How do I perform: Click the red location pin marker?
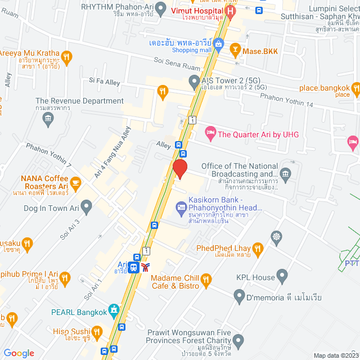pos(179,169)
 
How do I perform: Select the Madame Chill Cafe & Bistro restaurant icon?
pos(206,280)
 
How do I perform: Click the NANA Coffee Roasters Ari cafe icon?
pos(76,182)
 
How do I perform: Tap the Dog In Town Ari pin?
pos(86,208)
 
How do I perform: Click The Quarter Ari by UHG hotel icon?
pos(210,134)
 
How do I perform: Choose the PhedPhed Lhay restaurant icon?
pos(258,248)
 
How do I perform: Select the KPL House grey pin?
pos(282,277)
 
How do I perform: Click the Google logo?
pos(19,353)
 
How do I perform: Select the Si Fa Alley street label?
pos(105,82)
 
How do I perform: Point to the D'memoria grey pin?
pos(239,297)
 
